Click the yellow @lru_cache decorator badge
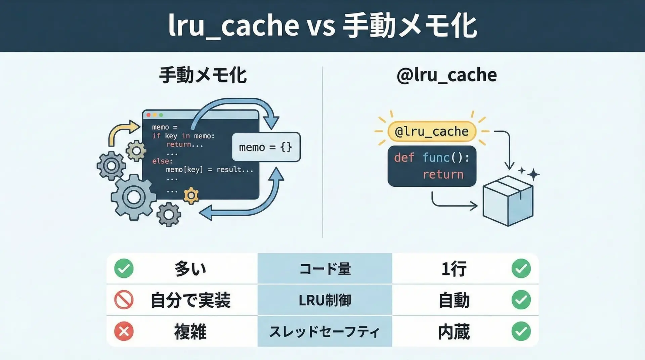[432, 131]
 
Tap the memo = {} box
[266, 147]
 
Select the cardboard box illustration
[508, 201]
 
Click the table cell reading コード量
[325, 269]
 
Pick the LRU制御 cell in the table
[325, 300]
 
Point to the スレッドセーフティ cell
[325, 331]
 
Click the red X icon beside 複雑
[124, 331]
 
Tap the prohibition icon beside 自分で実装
[124, 300]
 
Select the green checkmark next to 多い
[124, 269]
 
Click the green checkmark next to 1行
[521, 269]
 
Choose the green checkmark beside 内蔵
[521, 331]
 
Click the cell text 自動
[454, 300]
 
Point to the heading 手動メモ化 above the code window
[203, 75]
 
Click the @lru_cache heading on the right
[446, 75]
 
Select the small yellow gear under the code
[191, 195]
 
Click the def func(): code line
[432, 157]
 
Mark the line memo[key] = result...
[209, 170]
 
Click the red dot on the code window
[148, 115]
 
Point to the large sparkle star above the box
[533, 175]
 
